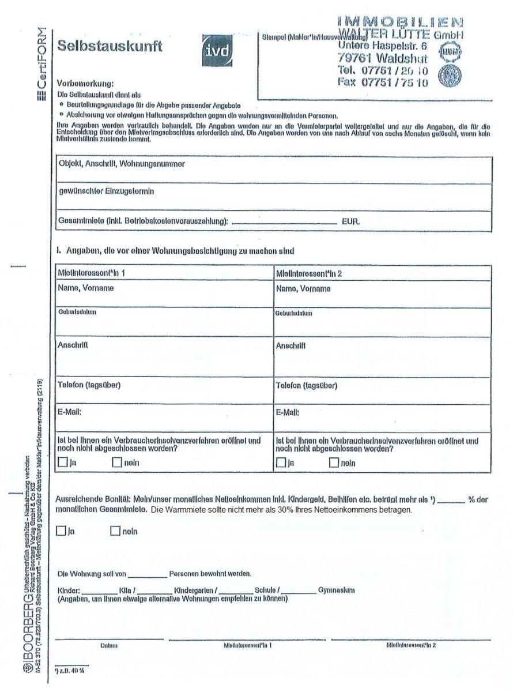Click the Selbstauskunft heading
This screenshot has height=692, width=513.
pos(110,46)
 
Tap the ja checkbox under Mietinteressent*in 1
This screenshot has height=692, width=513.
pos(63,462)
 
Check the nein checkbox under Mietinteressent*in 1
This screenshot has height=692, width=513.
pos(117,462)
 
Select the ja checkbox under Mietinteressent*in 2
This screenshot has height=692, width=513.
pos(281,462)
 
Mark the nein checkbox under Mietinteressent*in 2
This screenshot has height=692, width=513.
pos(334,462)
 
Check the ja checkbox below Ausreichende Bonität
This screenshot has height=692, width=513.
pos(61,531)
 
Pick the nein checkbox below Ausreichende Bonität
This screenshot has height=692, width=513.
pos(115,531)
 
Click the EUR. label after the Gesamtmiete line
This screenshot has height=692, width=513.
pos(351,221)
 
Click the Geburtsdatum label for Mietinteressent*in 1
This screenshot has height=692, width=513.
pos(77,312)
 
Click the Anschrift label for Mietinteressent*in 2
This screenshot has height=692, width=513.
pos(291,346)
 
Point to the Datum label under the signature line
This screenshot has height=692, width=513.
pos(109,645)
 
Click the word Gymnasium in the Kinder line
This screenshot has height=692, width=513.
pos(337,590)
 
